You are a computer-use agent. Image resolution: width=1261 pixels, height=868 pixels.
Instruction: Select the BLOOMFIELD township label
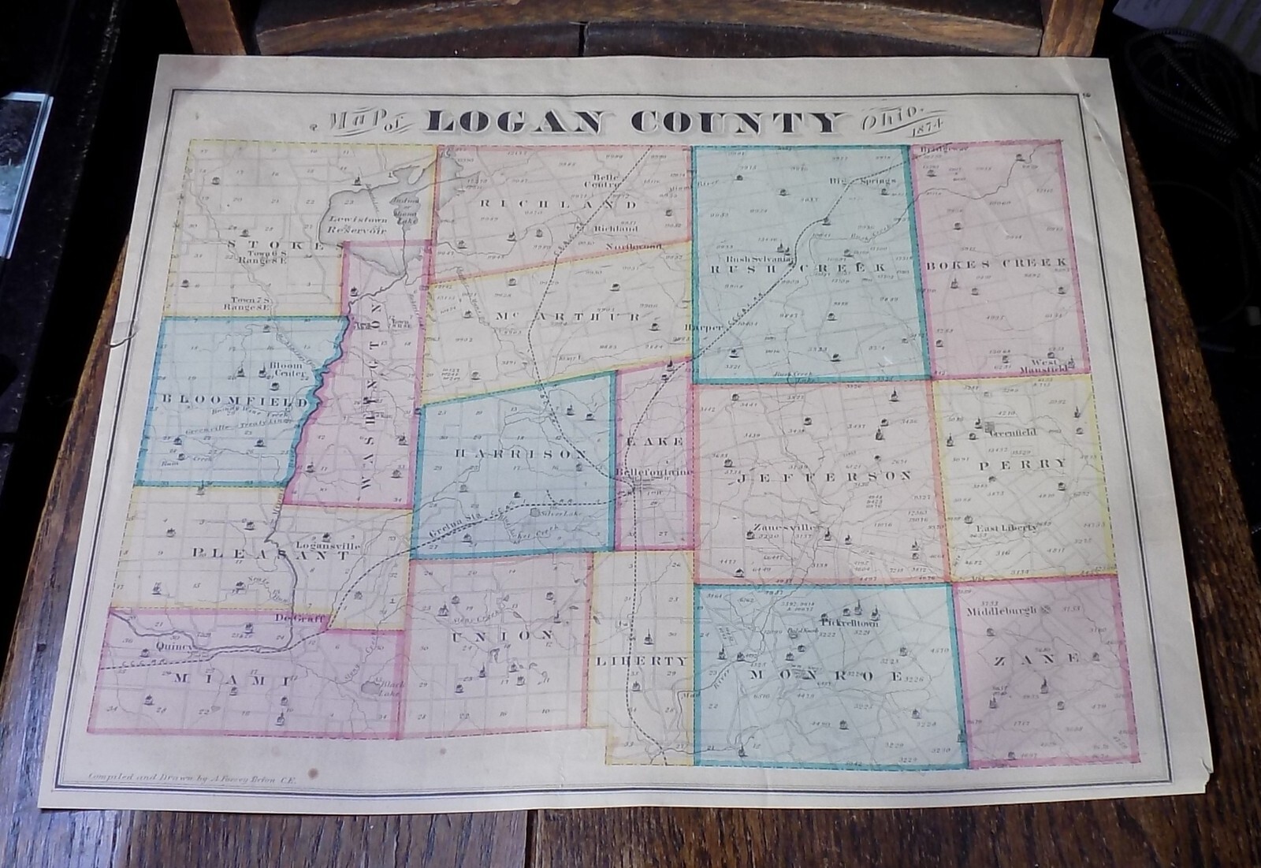(x=235, y=402)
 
